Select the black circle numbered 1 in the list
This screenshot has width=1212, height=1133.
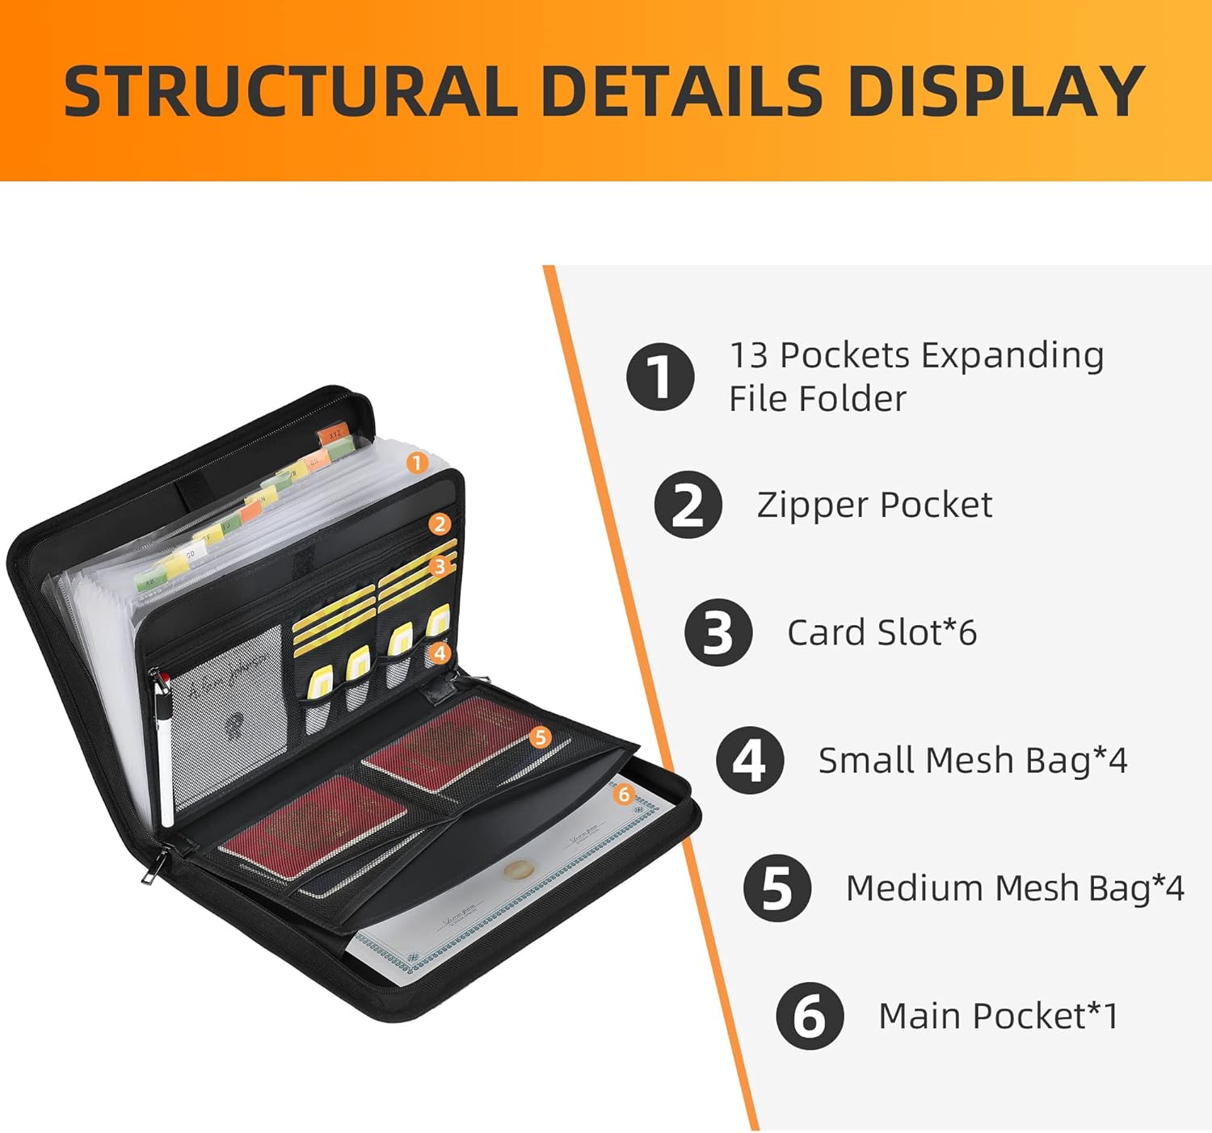660,376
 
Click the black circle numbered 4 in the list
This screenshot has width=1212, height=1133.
749,760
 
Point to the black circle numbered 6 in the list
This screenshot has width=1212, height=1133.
810,1016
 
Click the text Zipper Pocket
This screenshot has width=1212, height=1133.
874,505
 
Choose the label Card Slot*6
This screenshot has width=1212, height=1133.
882,632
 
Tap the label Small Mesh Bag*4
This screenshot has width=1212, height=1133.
972,760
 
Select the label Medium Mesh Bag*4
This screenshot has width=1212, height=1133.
1014,888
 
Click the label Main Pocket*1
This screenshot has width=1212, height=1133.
998,1016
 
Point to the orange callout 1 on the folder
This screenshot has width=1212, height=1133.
416,463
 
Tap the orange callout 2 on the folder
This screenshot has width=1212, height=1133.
439,524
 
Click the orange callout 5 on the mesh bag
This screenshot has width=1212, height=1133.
541,736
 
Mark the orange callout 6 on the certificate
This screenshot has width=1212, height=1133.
623,795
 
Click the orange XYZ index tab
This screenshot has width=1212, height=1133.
334,434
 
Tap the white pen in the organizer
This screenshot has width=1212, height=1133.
166,751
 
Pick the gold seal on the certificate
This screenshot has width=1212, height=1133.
514,870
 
